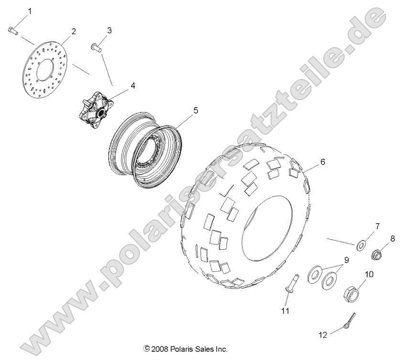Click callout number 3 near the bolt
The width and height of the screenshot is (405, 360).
tap(109, 30)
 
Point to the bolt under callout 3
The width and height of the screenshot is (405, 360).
tap(96, 47)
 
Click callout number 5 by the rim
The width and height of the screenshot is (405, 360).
tap(182, 111)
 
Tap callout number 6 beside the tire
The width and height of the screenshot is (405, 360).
tap(322, 162)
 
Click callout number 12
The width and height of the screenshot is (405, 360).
tap(323, 335)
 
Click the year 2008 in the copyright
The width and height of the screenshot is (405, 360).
tap(161, 349)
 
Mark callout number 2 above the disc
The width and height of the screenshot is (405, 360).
tap(74, 32)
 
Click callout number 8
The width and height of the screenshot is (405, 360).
tap(392, 238)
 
